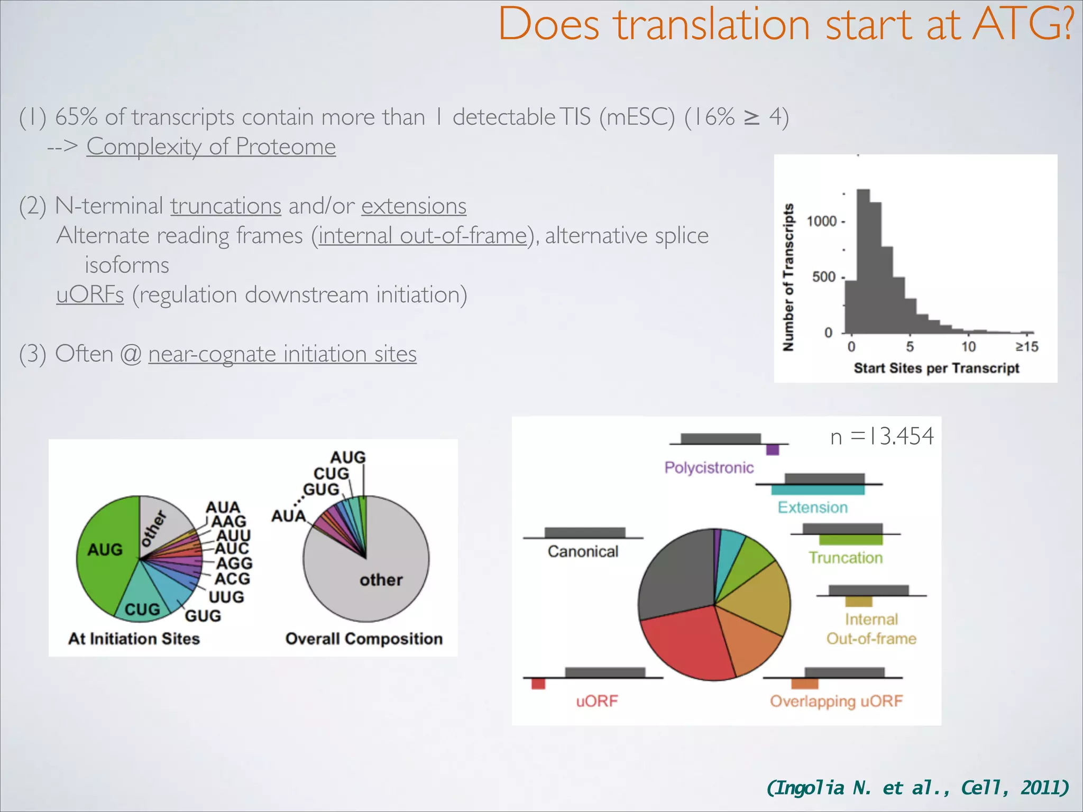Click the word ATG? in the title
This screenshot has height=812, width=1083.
pos(1023,25)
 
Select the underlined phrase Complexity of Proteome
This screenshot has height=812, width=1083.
pos(211,146)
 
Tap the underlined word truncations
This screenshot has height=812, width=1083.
pos(226,206)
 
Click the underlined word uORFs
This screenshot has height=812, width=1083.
pos(90,294)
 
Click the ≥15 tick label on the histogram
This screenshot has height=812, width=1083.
pos(1026,347)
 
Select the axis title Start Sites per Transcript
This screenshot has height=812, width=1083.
pos(936,368)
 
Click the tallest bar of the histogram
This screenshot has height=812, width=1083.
pos(863,259)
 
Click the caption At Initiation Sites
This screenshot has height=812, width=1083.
pos(134,639)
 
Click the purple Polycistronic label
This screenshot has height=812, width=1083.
pos(709,468)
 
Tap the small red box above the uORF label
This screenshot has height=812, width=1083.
pos(538,684)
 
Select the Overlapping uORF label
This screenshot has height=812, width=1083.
pos(836,701)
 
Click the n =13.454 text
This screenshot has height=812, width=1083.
pos(882,437)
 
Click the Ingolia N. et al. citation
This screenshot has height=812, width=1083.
pos(917,788)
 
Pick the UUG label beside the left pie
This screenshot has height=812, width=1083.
pos(226,597)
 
